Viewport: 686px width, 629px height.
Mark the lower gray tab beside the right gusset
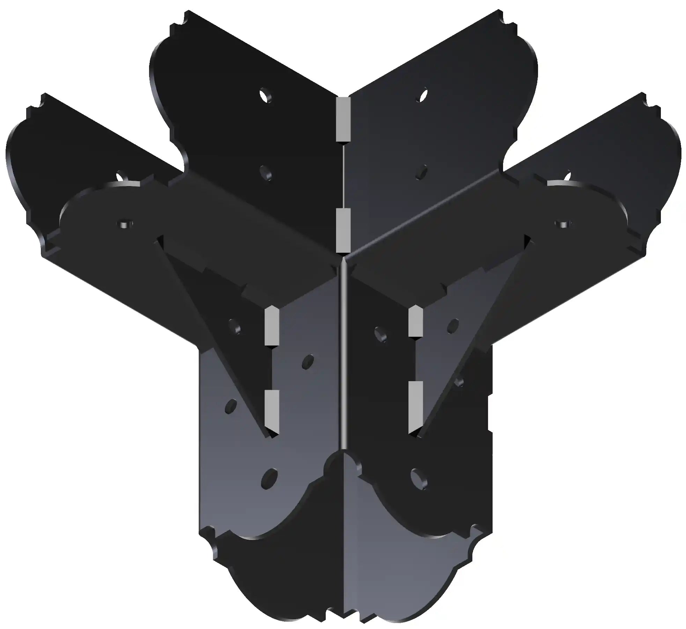[x=415, y=407]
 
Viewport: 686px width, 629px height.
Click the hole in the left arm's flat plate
[x=126, y=223]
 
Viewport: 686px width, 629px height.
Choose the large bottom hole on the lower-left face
[x=269, y=478]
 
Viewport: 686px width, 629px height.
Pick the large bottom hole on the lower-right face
[x=419, y=477]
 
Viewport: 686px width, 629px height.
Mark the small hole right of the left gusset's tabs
[x=308, y=361]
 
